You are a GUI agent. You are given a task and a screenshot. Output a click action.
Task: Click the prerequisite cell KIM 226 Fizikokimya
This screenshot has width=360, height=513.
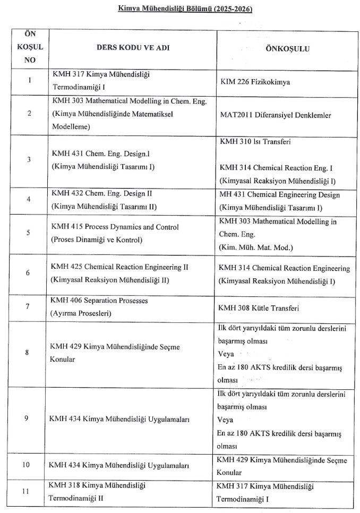[x=255, y=82]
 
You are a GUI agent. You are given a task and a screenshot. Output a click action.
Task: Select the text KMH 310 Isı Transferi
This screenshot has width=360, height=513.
[x=255, y=142]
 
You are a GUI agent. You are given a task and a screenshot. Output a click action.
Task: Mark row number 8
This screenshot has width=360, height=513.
[x=27, y=352]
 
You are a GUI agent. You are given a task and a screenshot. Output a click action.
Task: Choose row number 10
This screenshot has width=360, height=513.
[x=26, y=465]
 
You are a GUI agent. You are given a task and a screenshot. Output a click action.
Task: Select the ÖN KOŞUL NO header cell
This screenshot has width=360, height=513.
[x=30, y=47]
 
